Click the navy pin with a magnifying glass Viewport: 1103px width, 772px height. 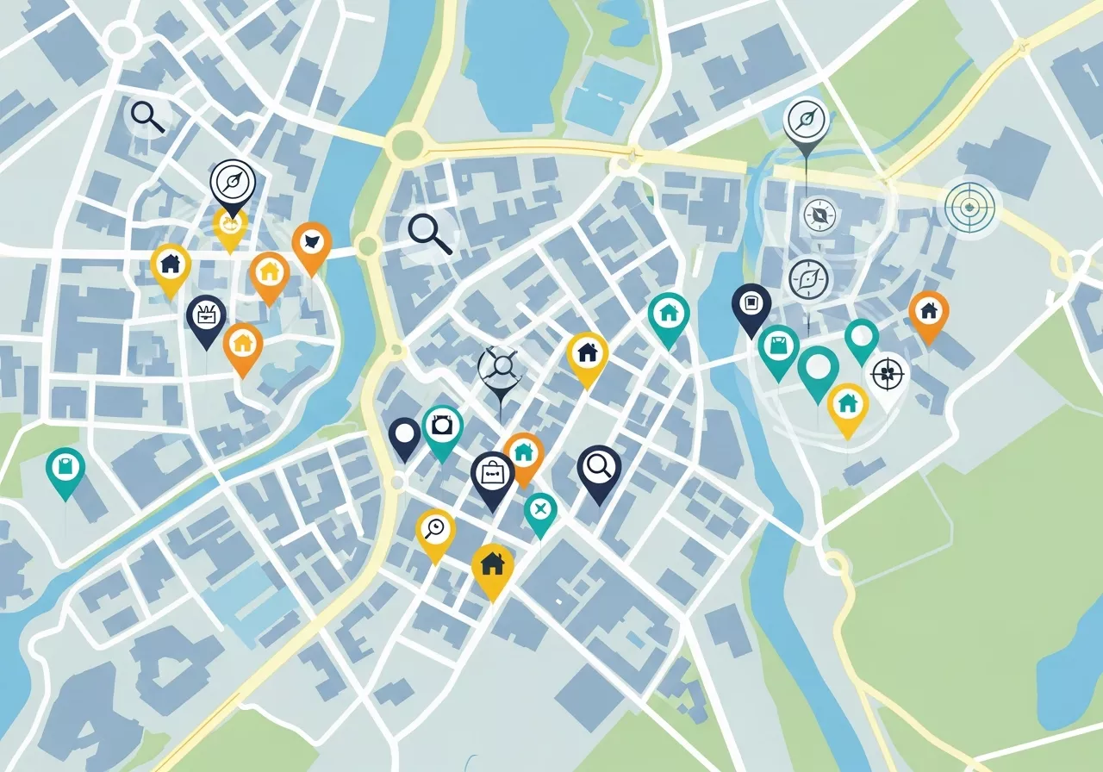tap(599, 468)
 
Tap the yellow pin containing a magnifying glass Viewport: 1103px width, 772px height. tap(435, 529)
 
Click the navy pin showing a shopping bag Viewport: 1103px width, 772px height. tap(492, 475)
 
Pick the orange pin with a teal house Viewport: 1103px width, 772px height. tap(523, 453)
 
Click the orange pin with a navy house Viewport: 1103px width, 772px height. tap(928, 311)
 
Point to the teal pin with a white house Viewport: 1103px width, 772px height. tap(669, 314)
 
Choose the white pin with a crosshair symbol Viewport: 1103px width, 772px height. tap(888, 376)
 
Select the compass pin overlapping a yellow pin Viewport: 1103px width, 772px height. tap(233, 182)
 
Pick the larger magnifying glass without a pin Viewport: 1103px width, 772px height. tap(428, 233)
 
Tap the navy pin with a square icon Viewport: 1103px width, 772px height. tap(751, 304)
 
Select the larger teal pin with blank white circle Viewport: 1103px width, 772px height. tap(818, 368)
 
